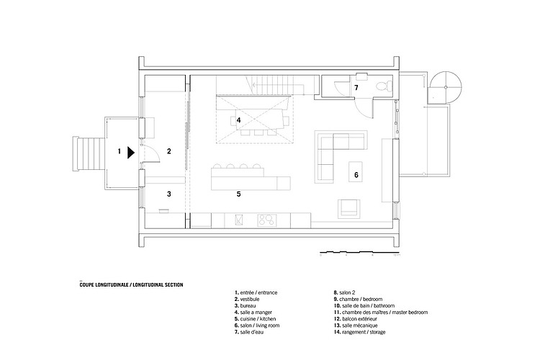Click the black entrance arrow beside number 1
pyautogui.click(x=130, y=153)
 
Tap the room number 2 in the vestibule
pyautogui.click(x=168, y=151)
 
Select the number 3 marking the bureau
pyautogui.click(x=168, y=194)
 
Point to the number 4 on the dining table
pyautogui.click(x=238, y=120)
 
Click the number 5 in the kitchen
pyautogui.click(x=238, y=194)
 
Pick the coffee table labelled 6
pyautogui.click(x=356, y=171)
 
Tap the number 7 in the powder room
pyautogui.click(x=356, y=88)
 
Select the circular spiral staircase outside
pyautogui.click(x=446, y=88)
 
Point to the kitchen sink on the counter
pyautogui.click(x=238, y=220)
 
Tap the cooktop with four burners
pyautogui.click(x=267, y=220)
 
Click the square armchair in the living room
pyautogui.click(x=349, y=209)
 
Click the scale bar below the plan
pyautogui.click(x=358, y=253)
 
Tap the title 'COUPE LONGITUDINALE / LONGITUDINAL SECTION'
pyautogui.click(x=131, y=285)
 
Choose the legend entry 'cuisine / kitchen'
pyautogui.click(x=255, y=319)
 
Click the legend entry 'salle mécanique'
pyautogui.click(x=356, y=325)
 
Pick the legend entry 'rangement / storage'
pyautogui.click(x=359, y=332)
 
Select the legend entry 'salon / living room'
pyautogui.click(x=257, y=325)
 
